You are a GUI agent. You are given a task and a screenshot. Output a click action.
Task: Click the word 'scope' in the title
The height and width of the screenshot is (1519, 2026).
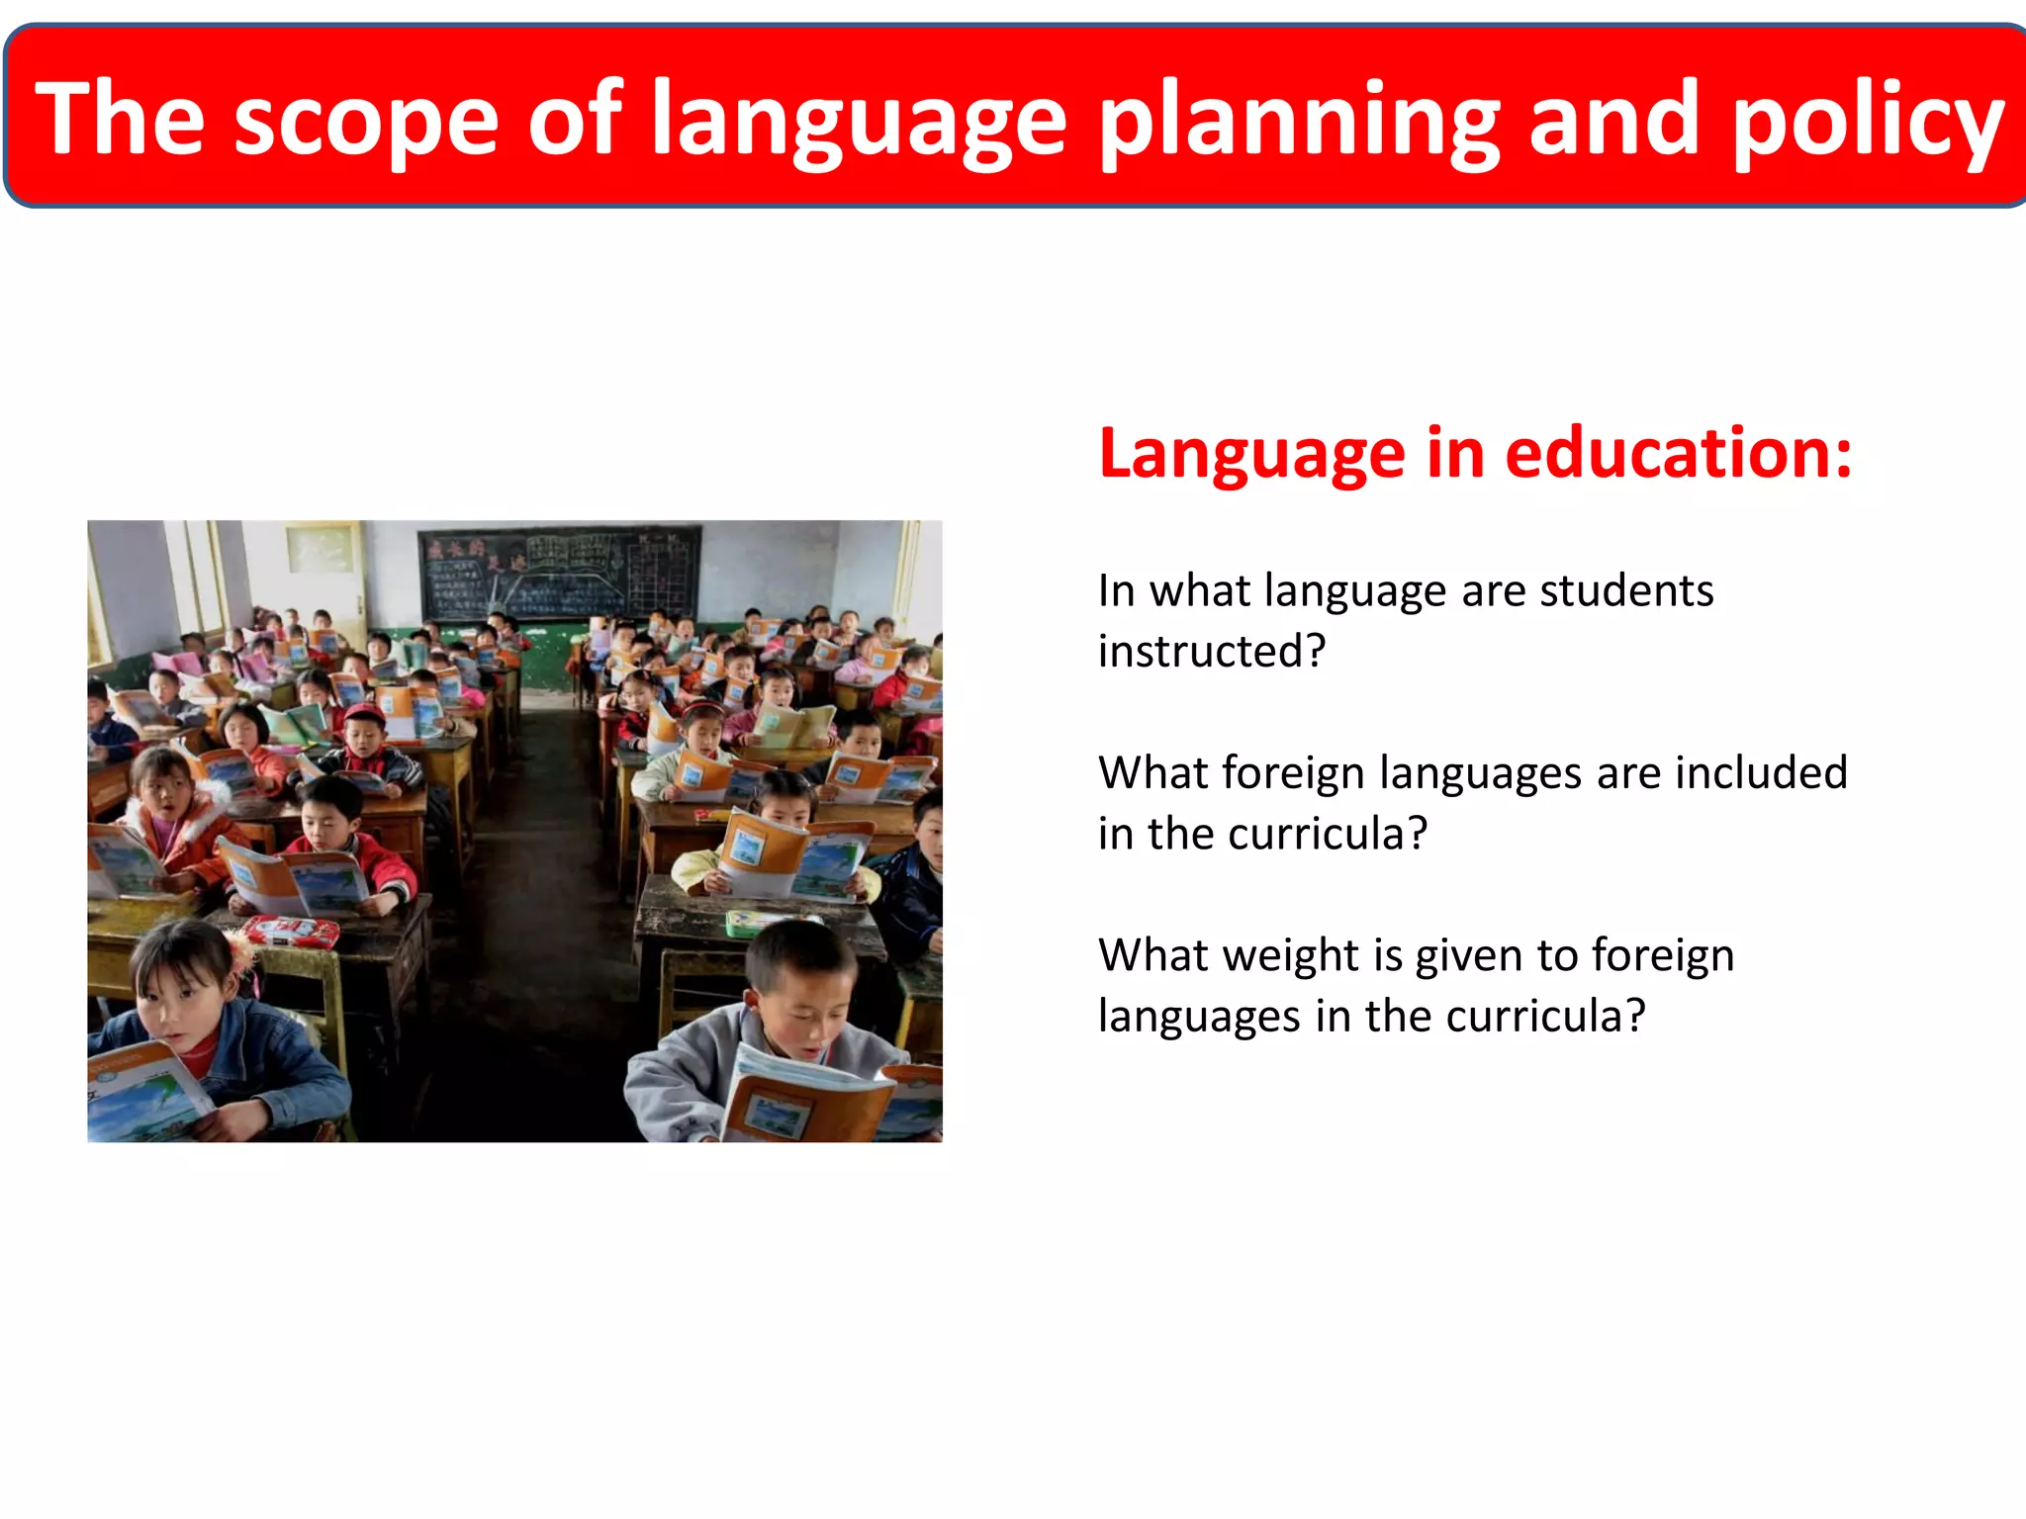pyautogui.click(x=366, y=121)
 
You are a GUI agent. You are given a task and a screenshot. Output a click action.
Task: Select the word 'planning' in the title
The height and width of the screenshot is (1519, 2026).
pyautogui.click(x=1300, y=121)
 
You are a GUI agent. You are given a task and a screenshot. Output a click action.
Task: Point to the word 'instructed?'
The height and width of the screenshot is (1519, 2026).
pyautogui.click(x=1212, y=651)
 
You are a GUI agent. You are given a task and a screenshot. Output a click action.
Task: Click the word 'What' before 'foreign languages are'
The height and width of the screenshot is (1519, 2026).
pyautogui.click(x=1152, y=772)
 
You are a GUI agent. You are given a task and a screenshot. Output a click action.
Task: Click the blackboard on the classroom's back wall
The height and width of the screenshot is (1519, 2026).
pyautogui.click(x=560, y=574)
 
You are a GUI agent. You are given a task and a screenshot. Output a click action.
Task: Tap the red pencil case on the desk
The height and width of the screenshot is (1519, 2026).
pyautogui.click(x=292, y=930)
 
